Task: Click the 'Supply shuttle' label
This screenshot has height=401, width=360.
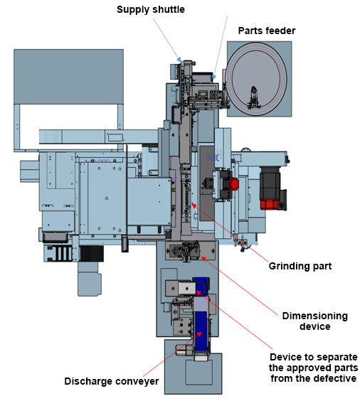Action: coord(151,10)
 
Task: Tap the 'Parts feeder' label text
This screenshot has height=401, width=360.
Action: coord(267,31)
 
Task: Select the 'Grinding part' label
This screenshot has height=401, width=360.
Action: coord(300,266)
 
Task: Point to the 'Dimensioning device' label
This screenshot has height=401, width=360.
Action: coord(315,321)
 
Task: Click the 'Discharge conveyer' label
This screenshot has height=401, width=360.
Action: coord(112,381)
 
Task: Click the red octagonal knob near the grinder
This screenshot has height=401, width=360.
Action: coord(233,183)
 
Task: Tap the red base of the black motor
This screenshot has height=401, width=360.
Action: coord(270,204)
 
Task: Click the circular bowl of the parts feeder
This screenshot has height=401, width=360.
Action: coord(256,79)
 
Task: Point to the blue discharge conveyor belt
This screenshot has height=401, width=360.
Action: coord(201,331)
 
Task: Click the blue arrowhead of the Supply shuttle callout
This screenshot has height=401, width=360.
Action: coord(179,59)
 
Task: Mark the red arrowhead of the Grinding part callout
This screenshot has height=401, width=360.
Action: coord(194,205)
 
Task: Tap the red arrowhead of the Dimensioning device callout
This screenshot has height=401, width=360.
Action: coord(203,259)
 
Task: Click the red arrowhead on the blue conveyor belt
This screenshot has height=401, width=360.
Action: coord(199,334)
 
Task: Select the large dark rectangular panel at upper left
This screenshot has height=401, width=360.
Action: coord(68,77)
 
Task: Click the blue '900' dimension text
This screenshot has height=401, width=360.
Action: coord(213,158)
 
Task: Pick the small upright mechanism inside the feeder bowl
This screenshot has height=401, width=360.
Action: coord(253,98)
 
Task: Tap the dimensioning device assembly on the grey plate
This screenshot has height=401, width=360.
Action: coord(186,251)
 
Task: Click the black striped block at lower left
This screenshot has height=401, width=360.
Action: coord(91,253)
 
